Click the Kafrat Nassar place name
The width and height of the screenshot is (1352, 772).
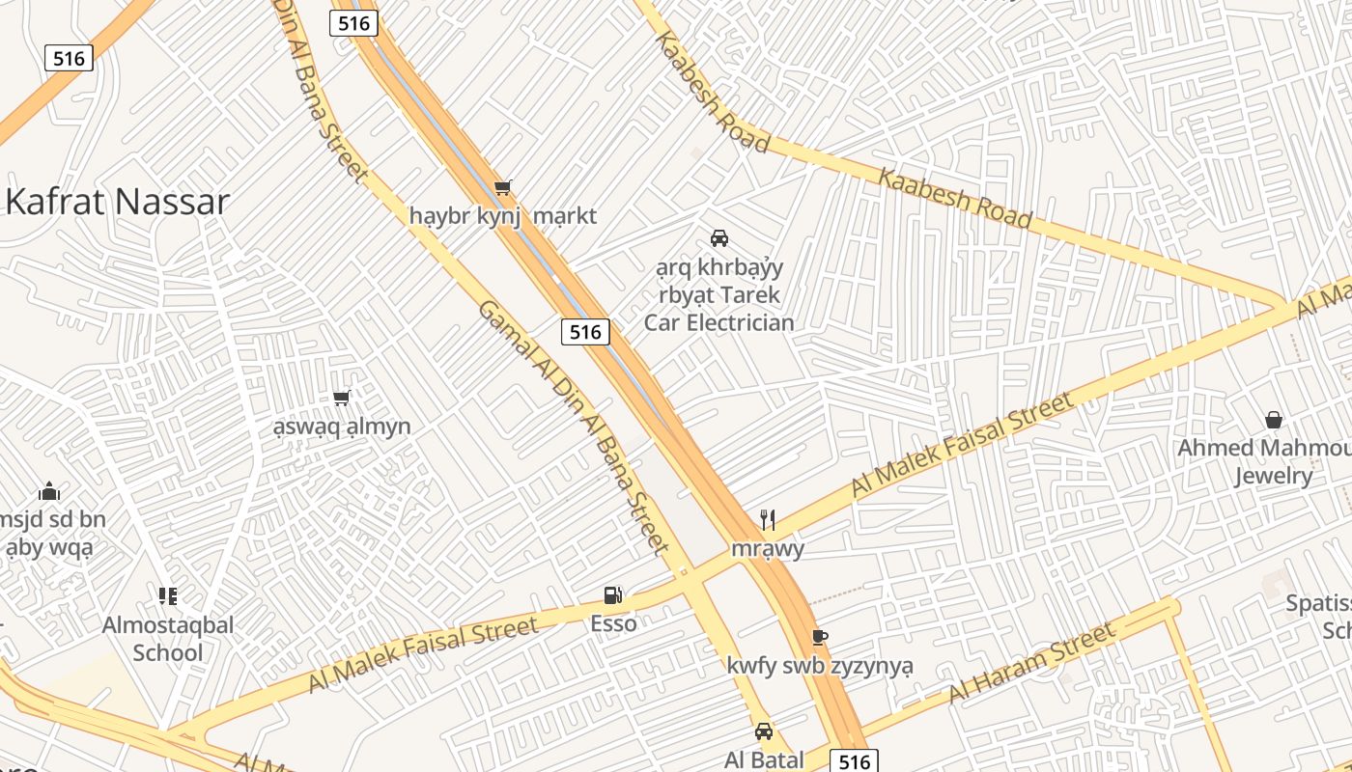[x=117, y=202]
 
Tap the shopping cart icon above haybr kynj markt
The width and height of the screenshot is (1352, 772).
[x=502, y=187]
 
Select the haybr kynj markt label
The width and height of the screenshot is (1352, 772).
[x=502, y=215]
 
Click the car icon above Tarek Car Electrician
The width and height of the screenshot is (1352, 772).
[x=718, y=237]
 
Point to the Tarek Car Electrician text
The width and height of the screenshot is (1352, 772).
[x=718, y=309]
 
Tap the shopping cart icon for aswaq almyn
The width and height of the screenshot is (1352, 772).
[x=341, y=398]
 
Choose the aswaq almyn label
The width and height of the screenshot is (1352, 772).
[x=341, y=427]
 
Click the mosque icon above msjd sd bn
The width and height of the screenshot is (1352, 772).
[x=49, y=491]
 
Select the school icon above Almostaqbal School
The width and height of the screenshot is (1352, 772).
[x=168, y=596]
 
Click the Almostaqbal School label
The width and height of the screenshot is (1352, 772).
[x=168, y=639]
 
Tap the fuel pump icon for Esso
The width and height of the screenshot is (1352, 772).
[x=613, y=595]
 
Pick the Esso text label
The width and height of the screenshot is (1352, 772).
[x=613, y=623]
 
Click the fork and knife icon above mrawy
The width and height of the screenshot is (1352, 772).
[x=768, y=520]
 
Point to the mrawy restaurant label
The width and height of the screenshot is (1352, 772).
[x=768, y=549]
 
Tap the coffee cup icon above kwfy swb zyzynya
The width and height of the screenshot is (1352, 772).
[x=819, y=637]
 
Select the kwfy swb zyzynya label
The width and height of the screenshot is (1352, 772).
[x=819, y=666]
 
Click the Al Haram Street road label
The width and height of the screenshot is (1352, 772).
[x=1030, y=664]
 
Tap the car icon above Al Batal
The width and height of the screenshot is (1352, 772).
[x=764, y=731]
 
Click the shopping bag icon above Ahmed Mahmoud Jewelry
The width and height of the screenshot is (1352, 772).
[x=1274, y=420]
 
